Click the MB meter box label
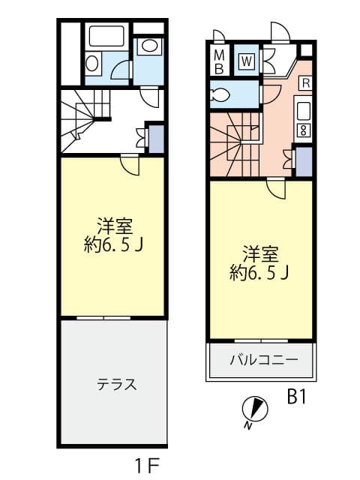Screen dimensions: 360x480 click(x=219, y=62)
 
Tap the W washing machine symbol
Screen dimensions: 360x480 click(x=247, y=61)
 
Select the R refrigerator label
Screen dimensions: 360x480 click(x=306, y=83)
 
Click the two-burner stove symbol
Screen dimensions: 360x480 click(x=303, y=130)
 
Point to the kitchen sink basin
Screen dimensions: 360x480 click(x=304, y=111)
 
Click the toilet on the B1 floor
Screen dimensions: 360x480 click(x=220, y=95)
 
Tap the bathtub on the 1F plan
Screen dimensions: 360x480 click(x=106, y=36)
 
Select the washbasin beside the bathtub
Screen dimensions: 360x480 click(x=92, y=64)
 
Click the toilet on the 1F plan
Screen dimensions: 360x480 click(x=149, y=46)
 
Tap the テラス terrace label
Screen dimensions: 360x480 click(x=117, y=384)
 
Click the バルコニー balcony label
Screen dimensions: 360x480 click(x=263, y=359)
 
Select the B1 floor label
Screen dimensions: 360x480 click(x=296, y=397)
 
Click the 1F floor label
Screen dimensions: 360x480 click(x=147, y=466)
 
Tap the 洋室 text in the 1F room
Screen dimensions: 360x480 click(x=115, y=226)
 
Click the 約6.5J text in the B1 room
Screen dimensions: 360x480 click(x=259, y=272)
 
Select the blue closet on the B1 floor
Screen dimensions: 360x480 click(x=304, y=162)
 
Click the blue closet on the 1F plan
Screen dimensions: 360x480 click(x=156, y=139)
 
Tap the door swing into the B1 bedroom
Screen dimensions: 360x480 click(x=277, y=189)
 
